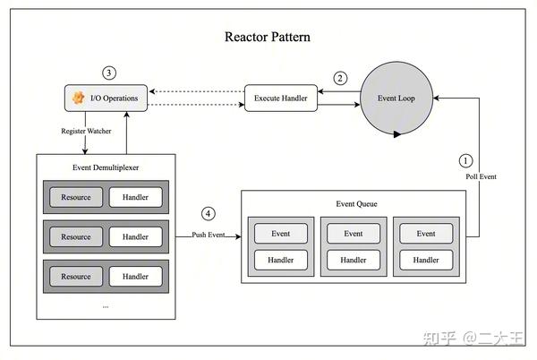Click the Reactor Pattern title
pyautogui.click(x=268, y=38)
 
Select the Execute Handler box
pyautogui.click(x=281, y=98)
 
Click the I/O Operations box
pyautogui.click(x=106, y=97)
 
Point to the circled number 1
pyautogui.click(x=465, y=161)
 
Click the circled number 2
pyautogui.click(x=340, y=78)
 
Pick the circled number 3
pyautogui.click(x=109, y=73)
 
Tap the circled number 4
pyautogui.click(x=209, y=214)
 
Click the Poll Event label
pyautogui.click(x=481, y=176)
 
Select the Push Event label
pyautogui.click(x=209, y=236)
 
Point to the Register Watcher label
pyautogui.click(x=87, y=132)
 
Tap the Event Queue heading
pyautogui.click(x=354, y=204)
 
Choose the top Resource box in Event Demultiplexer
pyautogui.click(x=75, y=197)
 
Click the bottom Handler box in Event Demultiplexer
pyautogui.click(x=135, y=277)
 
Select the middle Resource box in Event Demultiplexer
pyautogui.click(x=75, y=237)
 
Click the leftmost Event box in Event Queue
pyautogui.click(x=280, y=234)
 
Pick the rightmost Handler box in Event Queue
pyautogui.click(x=425, y=260)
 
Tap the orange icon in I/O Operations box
pyautogui.click(x=78, y=97)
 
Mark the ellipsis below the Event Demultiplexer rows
pyautogui.click(x=105, y=305)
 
